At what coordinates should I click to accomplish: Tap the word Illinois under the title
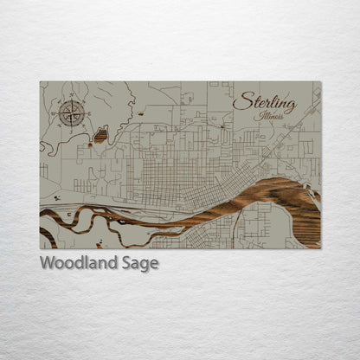277,116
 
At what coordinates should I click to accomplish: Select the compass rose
71,112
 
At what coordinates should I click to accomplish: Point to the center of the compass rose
71,112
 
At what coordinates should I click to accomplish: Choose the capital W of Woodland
47,263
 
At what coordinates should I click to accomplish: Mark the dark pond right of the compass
100,135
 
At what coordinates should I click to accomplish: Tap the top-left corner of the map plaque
40,82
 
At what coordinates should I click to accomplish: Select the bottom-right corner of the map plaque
320,248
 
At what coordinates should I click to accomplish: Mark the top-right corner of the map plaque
320,82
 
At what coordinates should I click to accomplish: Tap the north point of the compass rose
71,100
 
